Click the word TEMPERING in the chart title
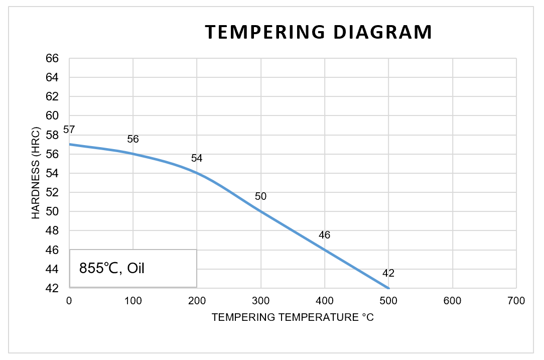coord(258,32)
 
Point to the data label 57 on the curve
coord(69,130)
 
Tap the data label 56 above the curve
coord(133,139)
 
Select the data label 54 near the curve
coord(197,159)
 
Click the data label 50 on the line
coord(260,196)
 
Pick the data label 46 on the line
coord(324,235)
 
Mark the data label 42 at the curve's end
coord(388,274)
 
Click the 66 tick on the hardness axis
coord(53,58)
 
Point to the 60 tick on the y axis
coord(53,116)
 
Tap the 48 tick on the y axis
coord(53,231)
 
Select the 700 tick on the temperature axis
coord(516,301)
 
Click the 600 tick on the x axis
coord(453,301)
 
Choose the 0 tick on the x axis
coord(69,301)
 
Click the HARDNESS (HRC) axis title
coord(36,173)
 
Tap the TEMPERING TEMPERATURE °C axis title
coord(293,318)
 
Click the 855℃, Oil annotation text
coord(112,268)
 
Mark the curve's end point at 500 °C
coord(388,288)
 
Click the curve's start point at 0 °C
coord(69,144)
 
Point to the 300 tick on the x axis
coord(261,301)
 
